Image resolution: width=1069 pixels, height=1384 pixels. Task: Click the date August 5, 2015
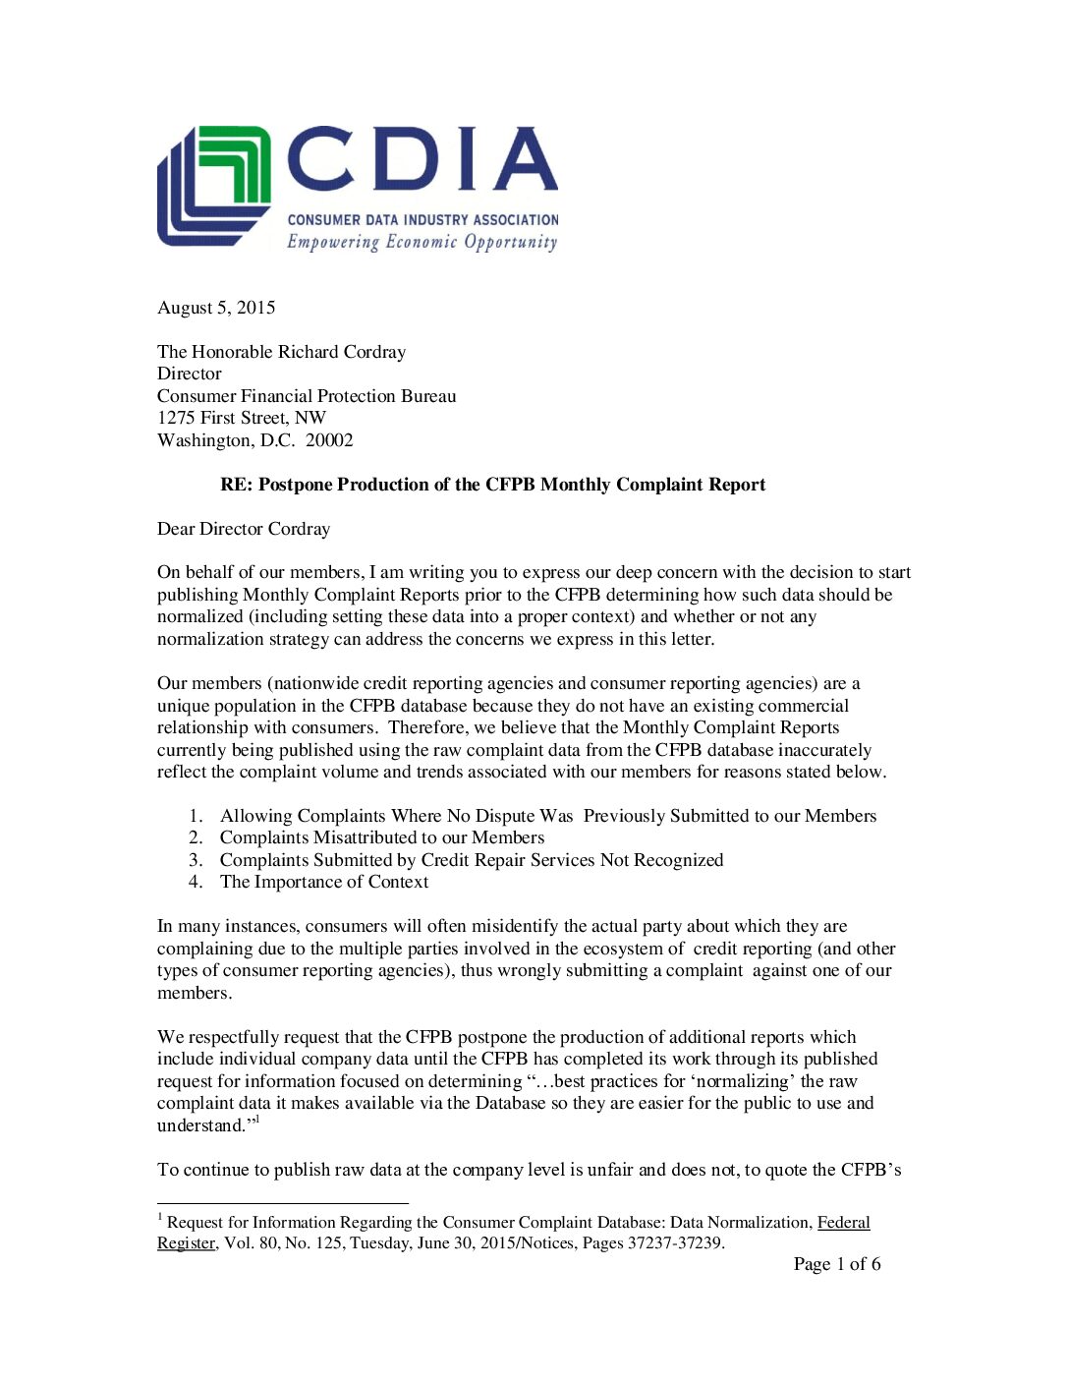click(x=216, y=308)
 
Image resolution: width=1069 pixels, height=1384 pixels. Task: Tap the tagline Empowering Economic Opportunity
click(x=422, y=242)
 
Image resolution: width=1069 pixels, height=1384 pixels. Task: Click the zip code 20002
click(x=329, y=440)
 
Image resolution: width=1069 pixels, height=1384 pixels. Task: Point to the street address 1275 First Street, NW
click(x=242, y=418)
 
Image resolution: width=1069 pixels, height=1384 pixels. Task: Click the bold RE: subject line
click(x=492, y=485)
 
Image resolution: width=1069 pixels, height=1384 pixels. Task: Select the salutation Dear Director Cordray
click(x=244, y=529)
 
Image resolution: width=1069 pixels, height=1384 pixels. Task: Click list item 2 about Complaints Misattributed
click(x=381, y=837)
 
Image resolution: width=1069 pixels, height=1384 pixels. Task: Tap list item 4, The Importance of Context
click(x=324, y=882)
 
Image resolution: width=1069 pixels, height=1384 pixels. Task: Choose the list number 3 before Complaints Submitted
click(x=196, y=860)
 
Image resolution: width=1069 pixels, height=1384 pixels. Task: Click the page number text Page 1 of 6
click(x=837, y=1264)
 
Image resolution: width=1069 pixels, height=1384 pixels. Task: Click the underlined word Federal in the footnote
click(x=843, y=1223)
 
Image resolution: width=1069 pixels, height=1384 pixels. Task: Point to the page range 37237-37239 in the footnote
click(x=675, y=1243)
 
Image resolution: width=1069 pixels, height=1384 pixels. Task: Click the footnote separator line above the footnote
click(x=282, y=1203)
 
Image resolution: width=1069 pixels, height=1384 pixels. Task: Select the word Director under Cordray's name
click(x=190, y=374)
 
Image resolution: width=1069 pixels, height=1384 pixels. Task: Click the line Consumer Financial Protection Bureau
click(x=307, y=396)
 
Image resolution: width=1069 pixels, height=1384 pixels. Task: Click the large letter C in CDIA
click(x=320, y=159)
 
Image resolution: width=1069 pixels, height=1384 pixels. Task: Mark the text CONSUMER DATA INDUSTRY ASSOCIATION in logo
click(x=422, y=220)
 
